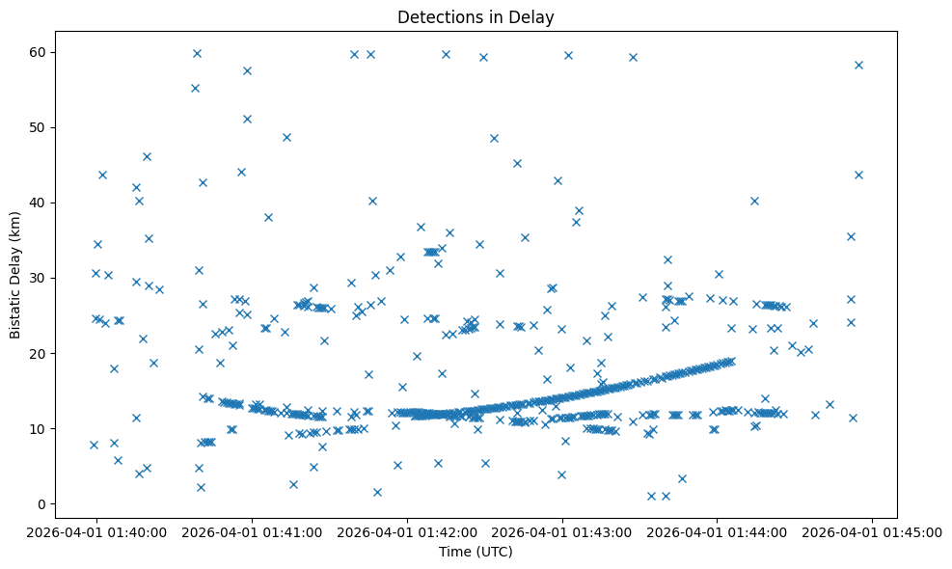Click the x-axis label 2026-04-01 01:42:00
407,531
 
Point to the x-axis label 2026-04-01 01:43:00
562,531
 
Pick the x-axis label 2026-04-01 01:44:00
718,531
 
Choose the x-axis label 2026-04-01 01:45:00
873,531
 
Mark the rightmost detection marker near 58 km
858,65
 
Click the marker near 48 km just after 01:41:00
286,137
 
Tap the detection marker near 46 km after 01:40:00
147,156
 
